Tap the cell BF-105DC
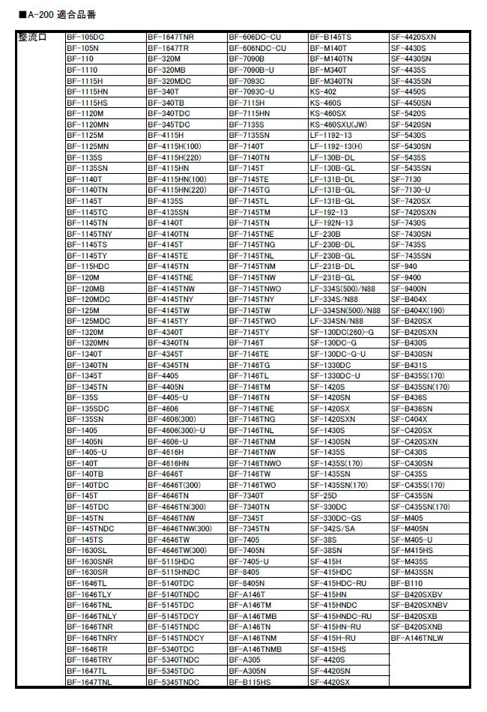(x=85, y=37)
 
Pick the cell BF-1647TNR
(x=170, y=37)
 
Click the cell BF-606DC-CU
(x=255, y=37)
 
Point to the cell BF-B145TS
(x=330, y=37)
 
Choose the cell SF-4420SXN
(x=414, y=37)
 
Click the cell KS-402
(x=323, y=91)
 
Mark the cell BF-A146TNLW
(x=417, y=638)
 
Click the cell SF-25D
(x=323, y=496)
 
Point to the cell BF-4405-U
(x=168, y=397)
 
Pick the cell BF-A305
(x=244, y=660)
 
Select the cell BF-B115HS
(x=250, y=682)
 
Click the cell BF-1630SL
(x=86, y=551)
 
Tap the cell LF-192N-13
(x=331, y=223)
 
